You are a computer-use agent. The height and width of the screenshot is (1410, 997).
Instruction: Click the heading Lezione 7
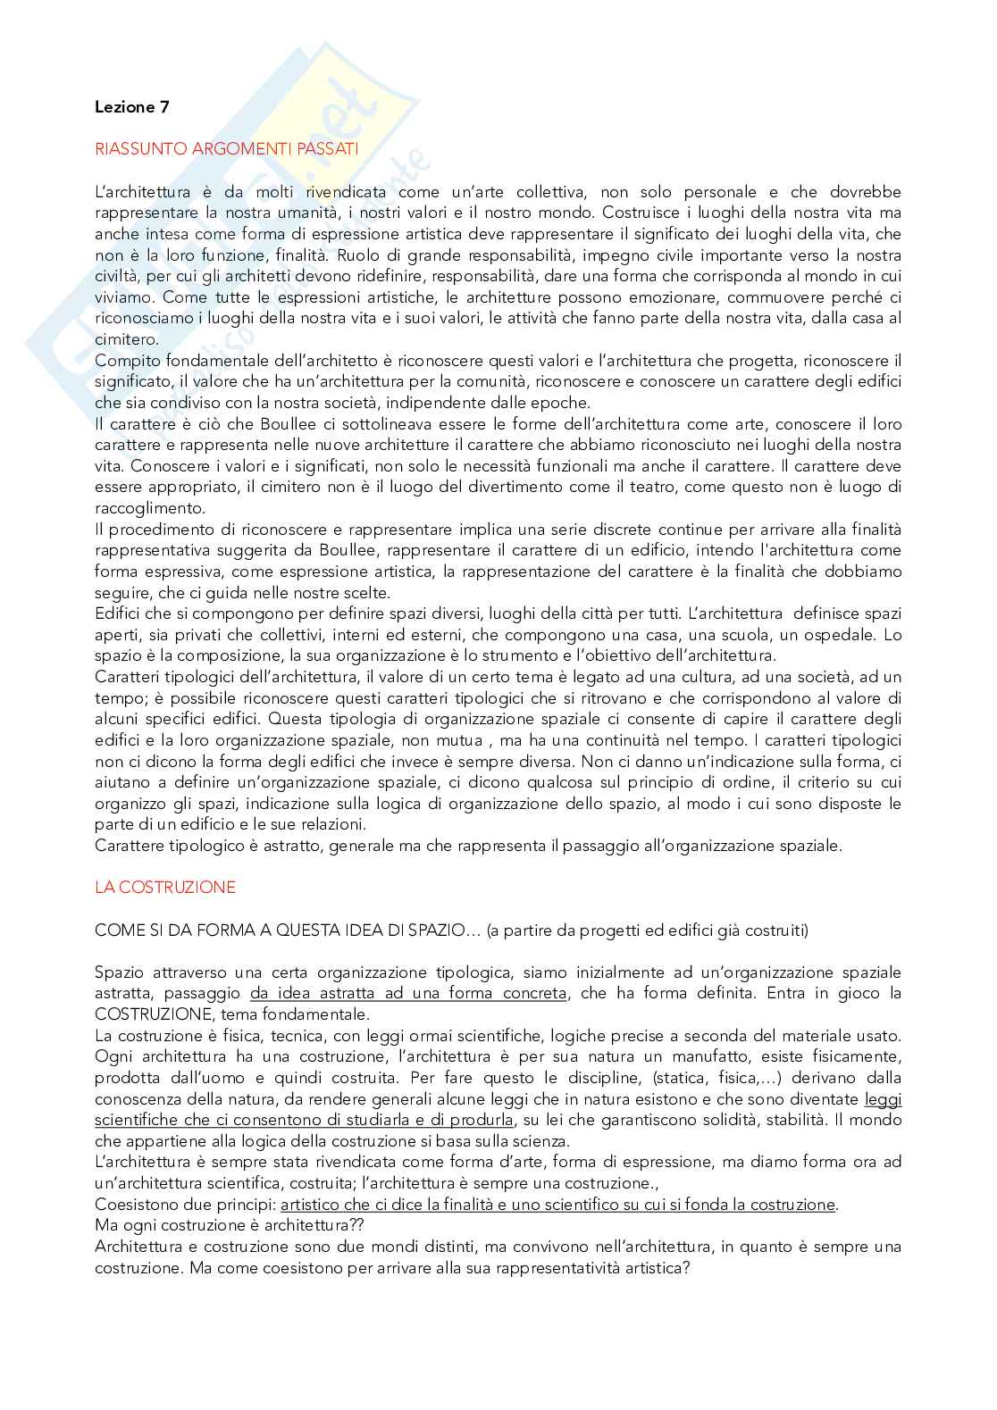tap(131, 107)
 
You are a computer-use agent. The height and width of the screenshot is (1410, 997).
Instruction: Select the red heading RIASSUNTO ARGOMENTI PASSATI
tap(227, 149)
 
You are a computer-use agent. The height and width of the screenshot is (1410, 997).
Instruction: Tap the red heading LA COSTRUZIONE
tap(165, 887)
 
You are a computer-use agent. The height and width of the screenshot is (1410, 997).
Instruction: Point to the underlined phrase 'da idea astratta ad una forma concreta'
tap(408, 993)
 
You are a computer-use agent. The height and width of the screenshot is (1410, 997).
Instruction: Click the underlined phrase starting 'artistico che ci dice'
tap(552, 1205)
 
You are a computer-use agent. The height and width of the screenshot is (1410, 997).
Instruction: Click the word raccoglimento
tap(150, 508)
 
